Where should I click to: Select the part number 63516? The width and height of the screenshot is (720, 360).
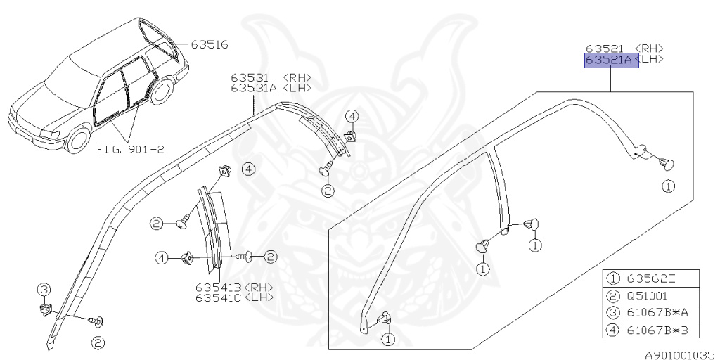pyautogui.click(x=210, y=44)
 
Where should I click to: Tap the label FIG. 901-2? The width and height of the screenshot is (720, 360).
pyautogui.click(x=130, y=149)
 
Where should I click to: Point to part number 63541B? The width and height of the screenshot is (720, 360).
pyautogui.click(x=219, y=287)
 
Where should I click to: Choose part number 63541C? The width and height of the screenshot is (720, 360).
pyautogui.click(x=219, y=297)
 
